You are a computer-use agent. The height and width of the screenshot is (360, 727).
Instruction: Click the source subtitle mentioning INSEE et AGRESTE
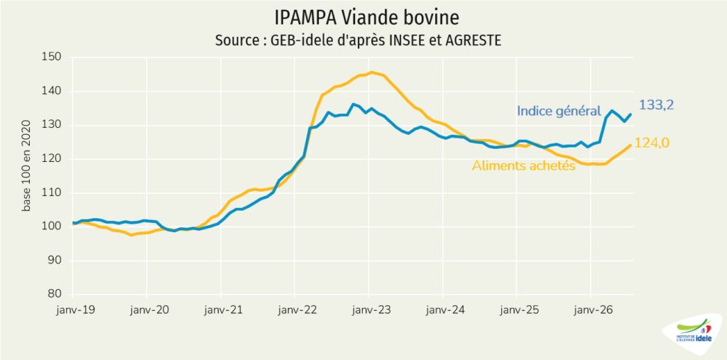pos(358,40)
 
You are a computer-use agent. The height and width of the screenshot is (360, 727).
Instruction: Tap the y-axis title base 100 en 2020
pos(27,165)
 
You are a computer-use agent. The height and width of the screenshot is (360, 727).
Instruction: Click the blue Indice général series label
pos(559,111)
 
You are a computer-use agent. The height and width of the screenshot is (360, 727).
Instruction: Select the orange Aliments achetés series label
pos(524,165)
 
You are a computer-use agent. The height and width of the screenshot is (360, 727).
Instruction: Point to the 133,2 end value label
pos(657,105)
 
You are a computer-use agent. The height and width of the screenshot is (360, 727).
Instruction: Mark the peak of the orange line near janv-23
pos(371,72)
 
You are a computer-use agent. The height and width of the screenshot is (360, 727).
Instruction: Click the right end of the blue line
pos(630,114)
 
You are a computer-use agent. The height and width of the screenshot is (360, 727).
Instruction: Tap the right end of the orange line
pos(630,145)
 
